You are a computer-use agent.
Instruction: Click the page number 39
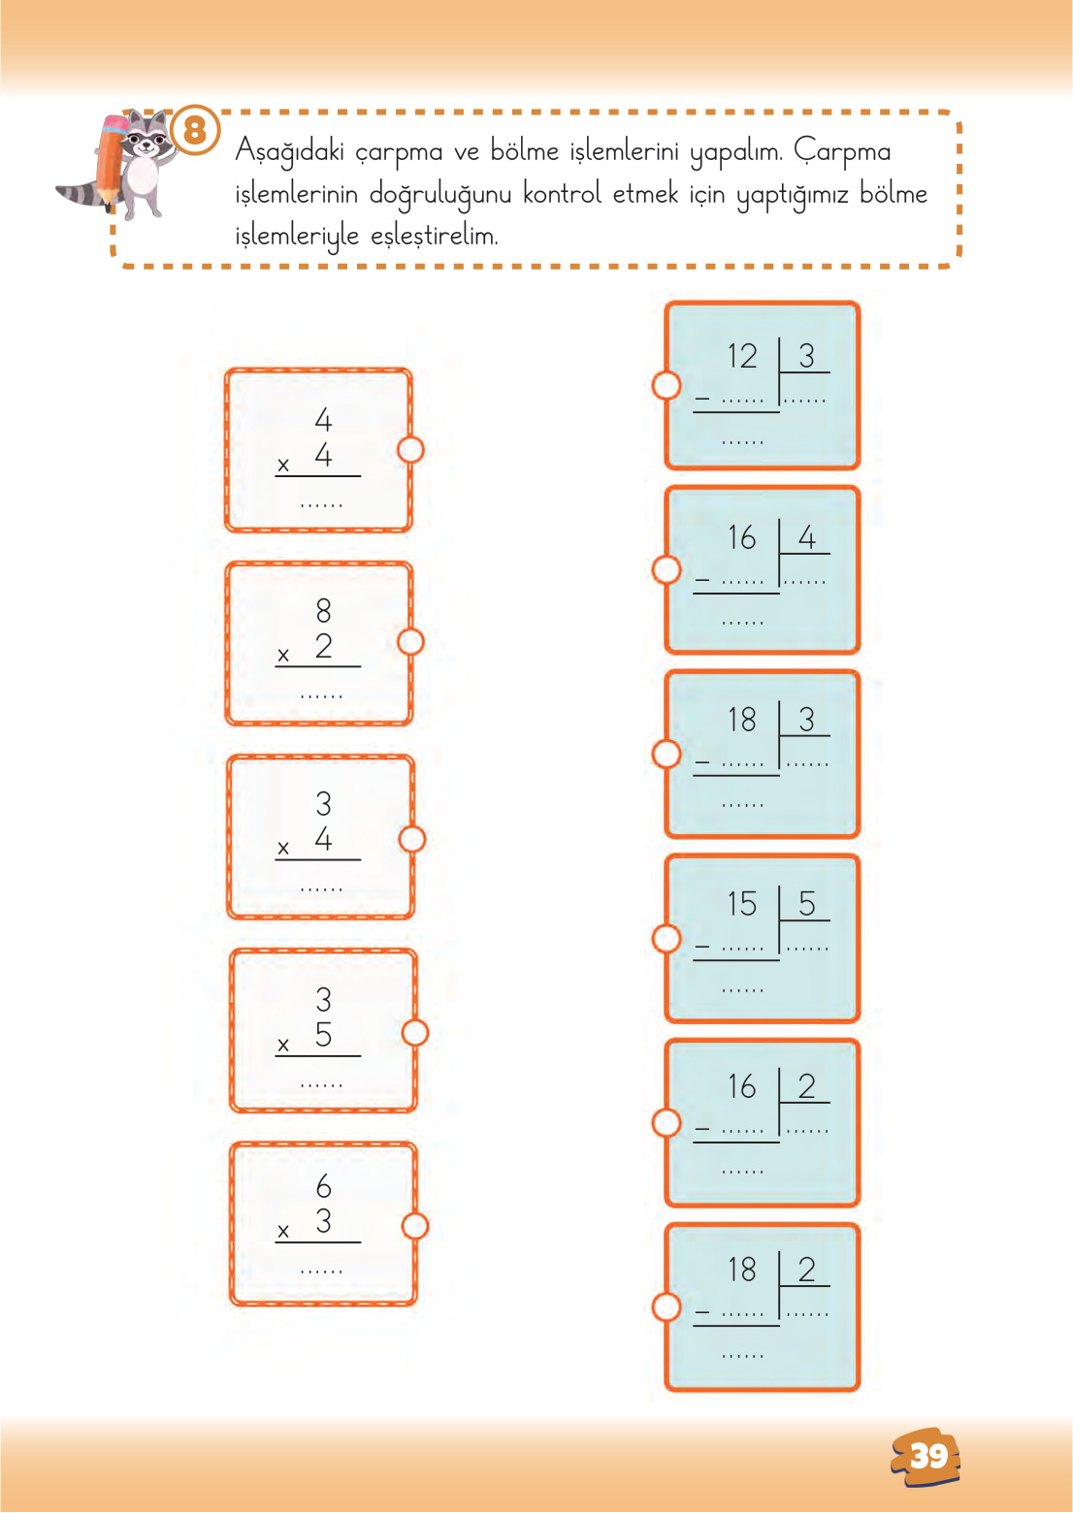[927, 1456]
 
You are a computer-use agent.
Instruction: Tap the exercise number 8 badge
[195, 129]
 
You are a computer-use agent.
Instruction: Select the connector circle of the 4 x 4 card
[410, 450]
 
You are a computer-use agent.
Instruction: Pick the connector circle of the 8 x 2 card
[410, 642]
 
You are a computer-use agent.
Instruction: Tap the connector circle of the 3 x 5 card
[414, 1033]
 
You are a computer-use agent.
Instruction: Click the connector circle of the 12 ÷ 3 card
[667, 385]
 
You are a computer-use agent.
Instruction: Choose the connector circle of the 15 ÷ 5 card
[667, 938]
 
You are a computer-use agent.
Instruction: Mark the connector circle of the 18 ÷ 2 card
[667, 1306]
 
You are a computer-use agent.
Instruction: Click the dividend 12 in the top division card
[742, 356]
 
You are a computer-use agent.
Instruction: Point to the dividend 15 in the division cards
[742, 904]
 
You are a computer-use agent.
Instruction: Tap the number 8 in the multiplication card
[323, 610]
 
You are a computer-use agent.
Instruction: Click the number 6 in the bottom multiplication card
[323, 1185]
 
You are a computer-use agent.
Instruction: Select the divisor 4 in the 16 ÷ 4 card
[806, 537]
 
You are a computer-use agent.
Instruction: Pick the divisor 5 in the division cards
[806, 904]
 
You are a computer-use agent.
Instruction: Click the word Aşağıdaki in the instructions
[290, 152]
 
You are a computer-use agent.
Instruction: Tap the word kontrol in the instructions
[562, 194]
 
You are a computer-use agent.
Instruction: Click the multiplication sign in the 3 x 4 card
[283, 849]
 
